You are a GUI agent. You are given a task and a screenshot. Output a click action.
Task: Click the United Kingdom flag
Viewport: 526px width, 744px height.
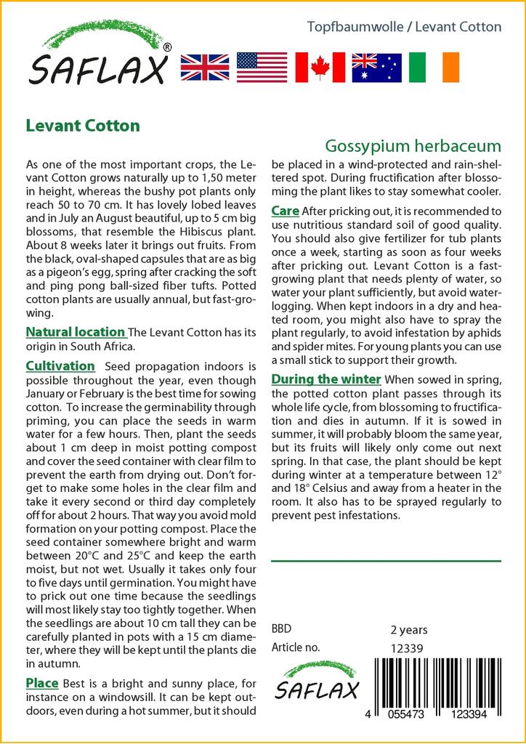pyautogui.click(x=204, y=68)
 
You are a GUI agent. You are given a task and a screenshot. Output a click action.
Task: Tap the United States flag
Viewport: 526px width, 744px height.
pyautogui.click(x=262, y=68)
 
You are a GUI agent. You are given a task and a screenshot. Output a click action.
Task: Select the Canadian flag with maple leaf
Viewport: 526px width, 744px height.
pyautogui.click(x=320, y=68)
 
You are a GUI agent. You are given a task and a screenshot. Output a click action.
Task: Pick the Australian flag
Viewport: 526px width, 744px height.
pyautogui.click(x=376, y=68)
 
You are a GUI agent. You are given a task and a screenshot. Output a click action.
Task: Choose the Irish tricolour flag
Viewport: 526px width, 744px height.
pyautogui.click(x=434, y=68)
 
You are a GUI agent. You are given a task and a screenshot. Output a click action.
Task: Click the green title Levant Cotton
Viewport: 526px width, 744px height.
pyautogui.click(x=83, y=125)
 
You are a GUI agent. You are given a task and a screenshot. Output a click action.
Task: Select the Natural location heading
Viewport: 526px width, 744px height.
pyautogui.click(x=76, y=332)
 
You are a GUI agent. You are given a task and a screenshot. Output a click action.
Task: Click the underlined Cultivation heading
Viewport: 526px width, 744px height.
pyautogui.click(x=60, y=365)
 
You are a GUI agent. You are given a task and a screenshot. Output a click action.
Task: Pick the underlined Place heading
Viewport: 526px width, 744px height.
pyautogui.click(x=42, y=683)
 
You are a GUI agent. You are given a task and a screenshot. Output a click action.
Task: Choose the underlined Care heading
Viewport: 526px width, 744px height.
pyautogui.click(x=285, y=211)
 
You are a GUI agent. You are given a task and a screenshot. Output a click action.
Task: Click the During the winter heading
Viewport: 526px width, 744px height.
pyautogui.click(x=326, y=379)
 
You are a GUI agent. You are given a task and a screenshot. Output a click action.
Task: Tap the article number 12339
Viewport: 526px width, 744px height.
pyautogui.click(x=407, y=648)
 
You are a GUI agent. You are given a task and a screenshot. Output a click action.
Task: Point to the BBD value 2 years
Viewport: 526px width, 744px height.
pyautogui.click(x=409, y=629)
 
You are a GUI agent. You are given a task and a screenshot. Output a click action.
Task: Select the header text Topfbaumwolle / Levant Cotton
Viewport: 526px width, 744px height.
pyautogui.click(x=404, y=27)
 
